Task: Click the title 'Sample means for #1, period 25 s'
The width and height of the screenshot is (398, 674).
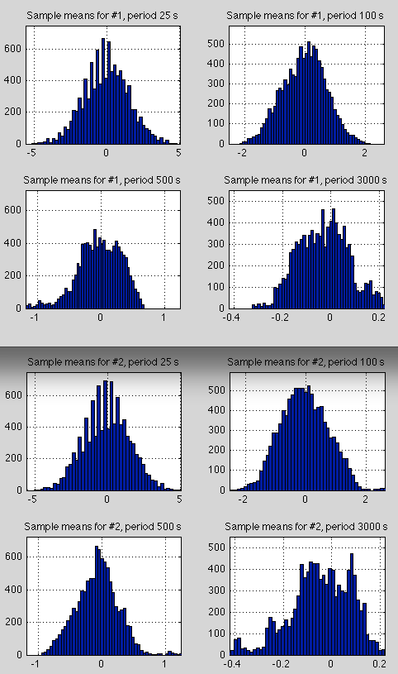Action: (x=104, y=16)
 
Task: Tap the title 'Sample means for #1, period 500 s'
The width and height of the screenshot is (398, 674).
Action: (x=104, y=179)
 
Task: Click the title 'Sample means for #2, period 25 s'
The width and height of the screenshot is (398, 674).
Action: (x=104, y=361)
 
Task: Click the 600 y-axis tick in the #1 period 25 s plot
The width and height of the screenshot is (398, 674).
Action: (x=15, y=49)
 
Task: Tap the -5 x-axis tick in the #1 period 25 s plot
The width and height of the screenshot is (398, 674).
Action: (x=31, y=153)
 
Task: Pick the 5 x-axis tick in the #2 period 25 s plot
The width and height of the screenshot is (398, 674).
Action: (x=179, y=500)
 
